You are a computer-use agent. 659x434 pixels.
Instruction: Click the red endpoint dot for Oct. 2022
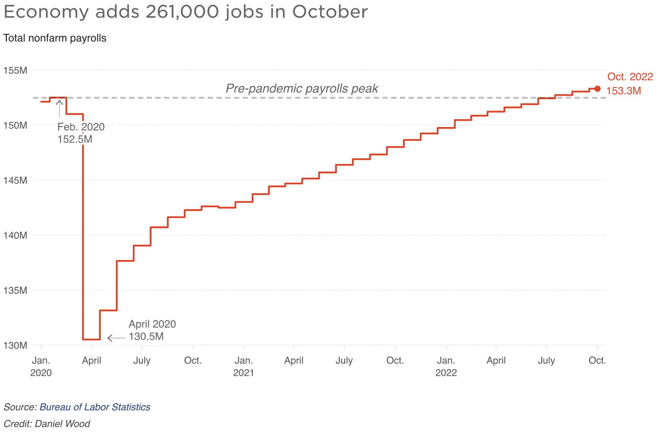point(597,88)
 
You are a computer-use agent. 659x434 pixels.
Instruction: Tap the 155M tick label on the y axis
point(15,70)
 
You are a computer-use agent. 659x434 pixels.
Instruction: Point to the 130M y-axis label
point(15,345)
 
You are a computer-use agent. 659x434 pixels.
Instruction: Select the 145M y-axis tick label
point(15,180)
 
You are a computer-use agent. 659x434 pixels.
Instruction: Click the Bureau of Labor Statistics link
point(95,407)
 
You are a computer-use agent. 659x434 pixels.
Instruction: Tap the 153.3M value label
point(624,91)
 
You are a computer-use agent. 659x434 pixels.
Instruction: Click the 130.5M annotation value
point(146,336)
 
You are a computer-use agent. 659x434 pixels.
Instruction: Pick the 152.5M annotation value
point(75,139)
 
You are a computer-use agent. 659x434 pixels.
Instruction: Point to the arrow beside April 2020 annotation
point(116,338)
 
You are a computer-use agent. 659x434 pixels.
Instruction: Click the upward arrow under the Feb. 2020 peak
point(60,108)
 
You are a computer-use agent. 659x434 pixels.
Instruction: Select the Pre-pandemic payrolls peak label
point(302,88)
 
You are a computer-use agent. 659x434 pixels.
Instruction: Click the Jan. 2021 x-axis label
point(243,367)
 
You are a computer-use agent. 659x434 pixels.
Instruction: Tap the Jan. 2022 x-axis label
point(446,367)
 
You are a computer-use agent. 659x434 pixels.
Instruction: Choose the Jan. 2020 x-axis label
point(41,367)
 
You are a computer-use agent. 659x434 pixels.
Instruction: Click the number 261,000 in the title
point(182,12)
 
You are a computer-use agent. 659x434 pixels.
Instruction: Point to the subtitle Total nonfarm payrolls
point(55,38)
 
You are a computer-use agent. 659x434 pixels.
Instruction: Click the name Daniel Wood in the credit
point(63,424)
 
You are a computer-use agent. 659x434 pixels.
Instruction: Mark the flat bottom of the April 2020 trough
point(91,340)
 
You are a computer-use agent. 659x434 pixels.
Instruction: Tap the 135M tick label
point(15,290)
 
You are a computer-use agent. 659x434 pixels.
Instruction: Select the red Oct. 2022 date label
point(630,77)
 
